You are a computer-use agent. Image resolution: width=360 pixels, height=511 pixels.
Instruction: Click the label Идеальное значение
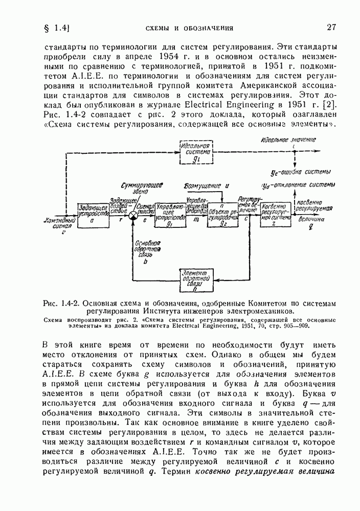click(288, 140)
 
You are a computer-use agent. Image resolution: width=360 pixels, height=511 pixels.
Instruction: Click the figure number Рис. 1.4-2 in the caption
click(62, 302)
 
